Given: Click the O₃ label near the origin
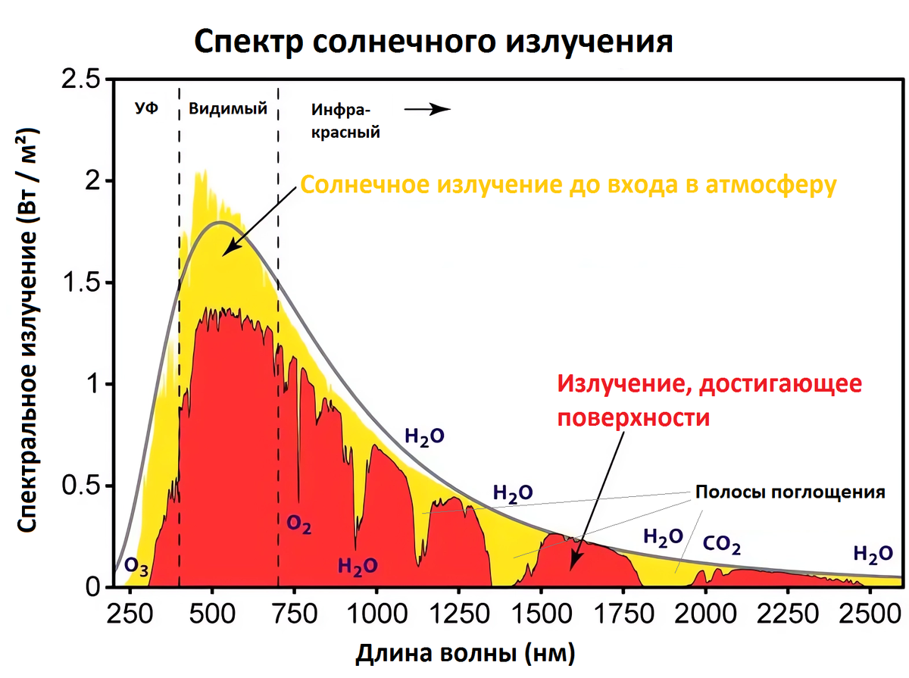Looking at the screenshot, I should click(x=137, y=564).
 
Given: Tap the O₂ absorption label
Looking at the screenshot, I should click(x=299, y=523).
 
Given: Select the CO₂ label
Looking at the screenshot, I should click(x=721, y=545).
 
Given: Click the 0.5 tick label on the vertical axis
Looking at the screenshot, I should click(x=84, y=486).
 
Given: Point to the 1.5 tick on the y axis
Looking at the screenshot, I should click(x=84, y=283).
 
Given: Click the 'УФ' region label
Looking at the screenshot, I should click(x=146, y=108).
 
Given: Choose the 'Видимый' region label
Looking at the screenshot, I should click(x=228, y=108).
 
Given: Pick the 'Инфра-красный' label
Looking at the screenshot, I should click(x=345, y=121).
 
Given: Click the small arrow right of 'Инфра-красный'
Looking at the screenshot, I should click(x=427, y=109).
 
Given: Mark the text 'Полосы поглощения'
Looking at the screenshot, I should click(x=790, y=492).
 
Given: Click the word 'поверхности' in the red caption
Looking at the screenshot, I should click(x=634, y=417).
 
